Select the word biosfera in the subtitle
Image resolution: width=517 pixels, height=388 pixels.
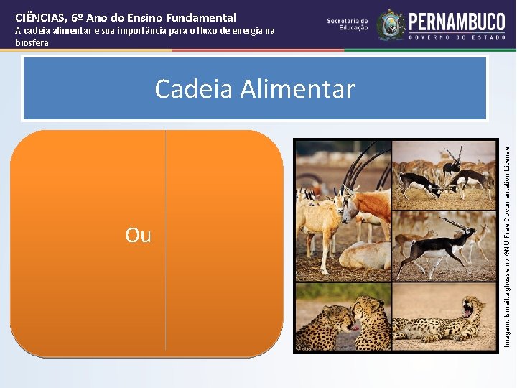point(32,42)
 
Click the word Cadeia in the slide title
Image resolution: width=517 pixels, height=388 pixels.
point(193,89)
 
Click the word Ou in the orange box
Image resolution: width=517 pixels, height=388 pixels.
point(138,235)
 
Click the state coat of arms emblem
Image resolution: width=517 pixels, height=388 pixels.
point(391,25)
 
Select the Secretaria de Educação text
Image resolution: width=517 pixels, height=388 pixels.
point(348,25)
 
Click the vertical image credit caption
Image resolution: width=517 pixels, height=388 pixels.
point(506,244)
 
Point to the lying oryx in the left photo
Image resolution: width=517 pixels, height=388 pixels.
point(363,255)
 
